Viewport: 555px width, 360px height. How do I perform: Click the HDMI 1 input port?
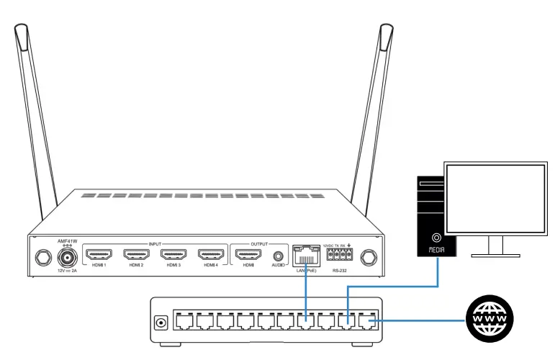click(x=99, y=255)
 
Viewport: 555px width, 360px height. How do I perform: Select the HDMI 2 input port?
click(x=136, y=255)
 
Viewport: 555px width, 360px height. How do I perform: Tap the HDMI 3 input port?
click(x=173, y=255)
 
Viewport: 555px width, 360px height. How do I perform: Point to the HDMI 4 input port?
click(x=211, y=255)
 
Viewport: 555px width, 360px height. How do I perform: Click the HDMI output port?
click(x=248, y=255)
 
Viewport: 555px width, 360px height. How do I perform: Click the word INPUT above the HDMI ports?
click(x=155, y=243)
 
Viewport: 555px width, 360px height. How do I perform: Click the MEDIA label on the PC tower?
click(x=437, y=250)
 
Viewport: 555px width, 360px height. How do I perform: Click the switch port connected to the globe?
click(x=370, y=320)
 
